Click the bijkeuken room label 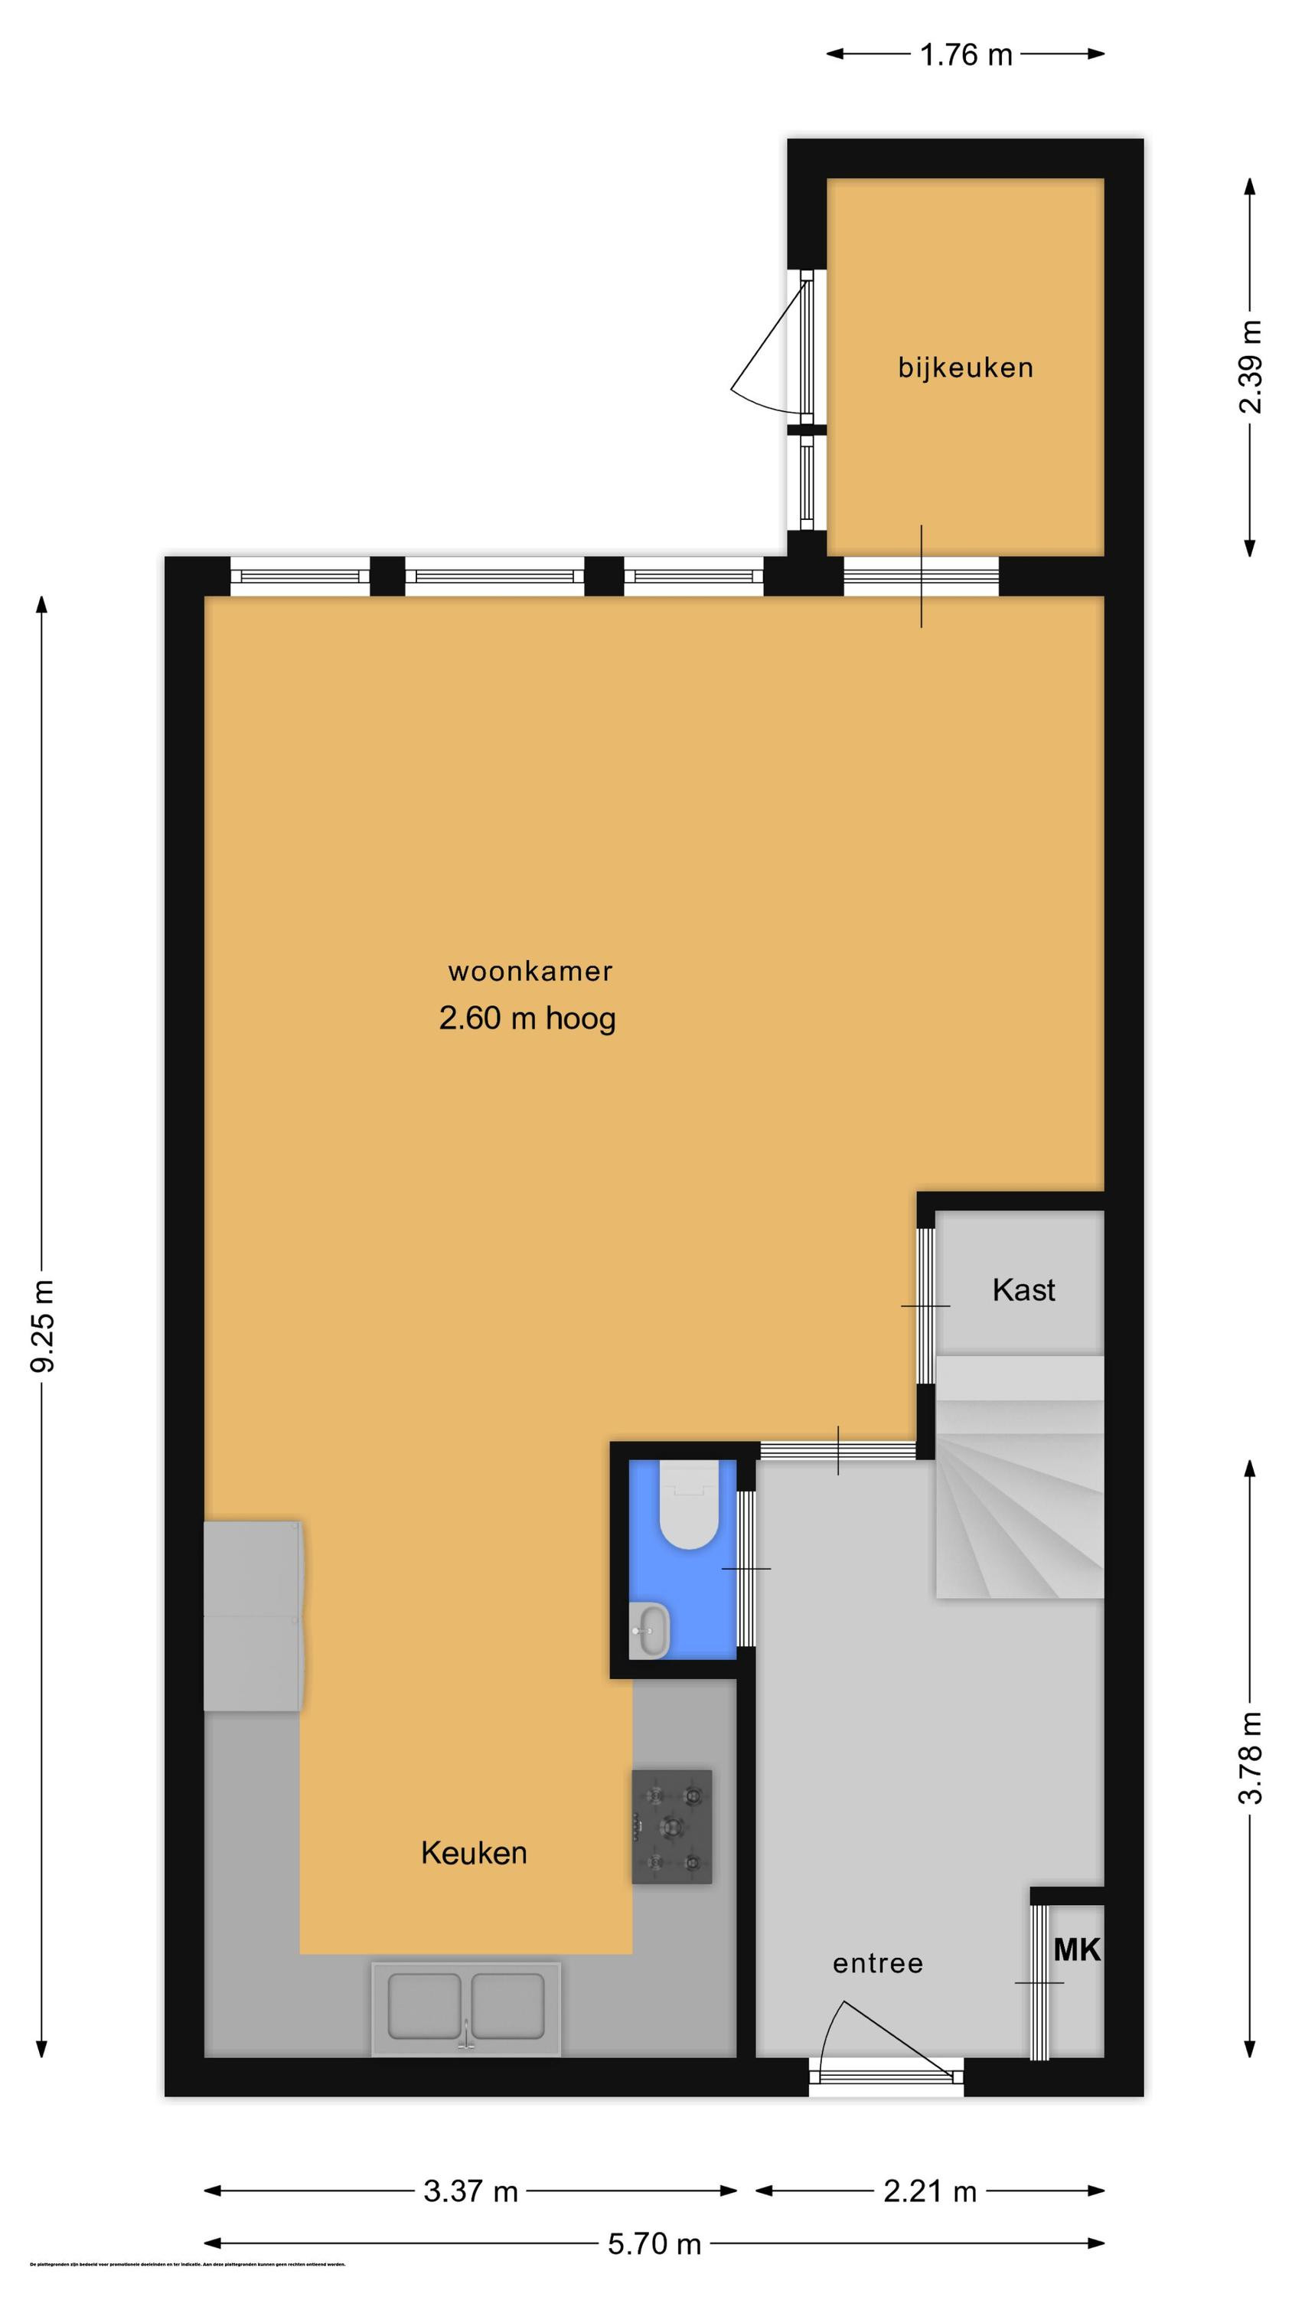pos(964,368)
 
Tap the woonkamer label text pos(530,971)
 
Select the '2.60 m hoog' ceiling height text pos(527,1018)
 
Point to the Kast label pos(1023,1289)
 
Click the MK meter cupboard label pos(1076,1950)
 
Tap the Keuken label pos(474,1853)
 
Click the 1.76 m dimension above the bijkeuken pos(966,55)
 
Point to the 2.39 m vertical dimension pos(1250,367)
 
